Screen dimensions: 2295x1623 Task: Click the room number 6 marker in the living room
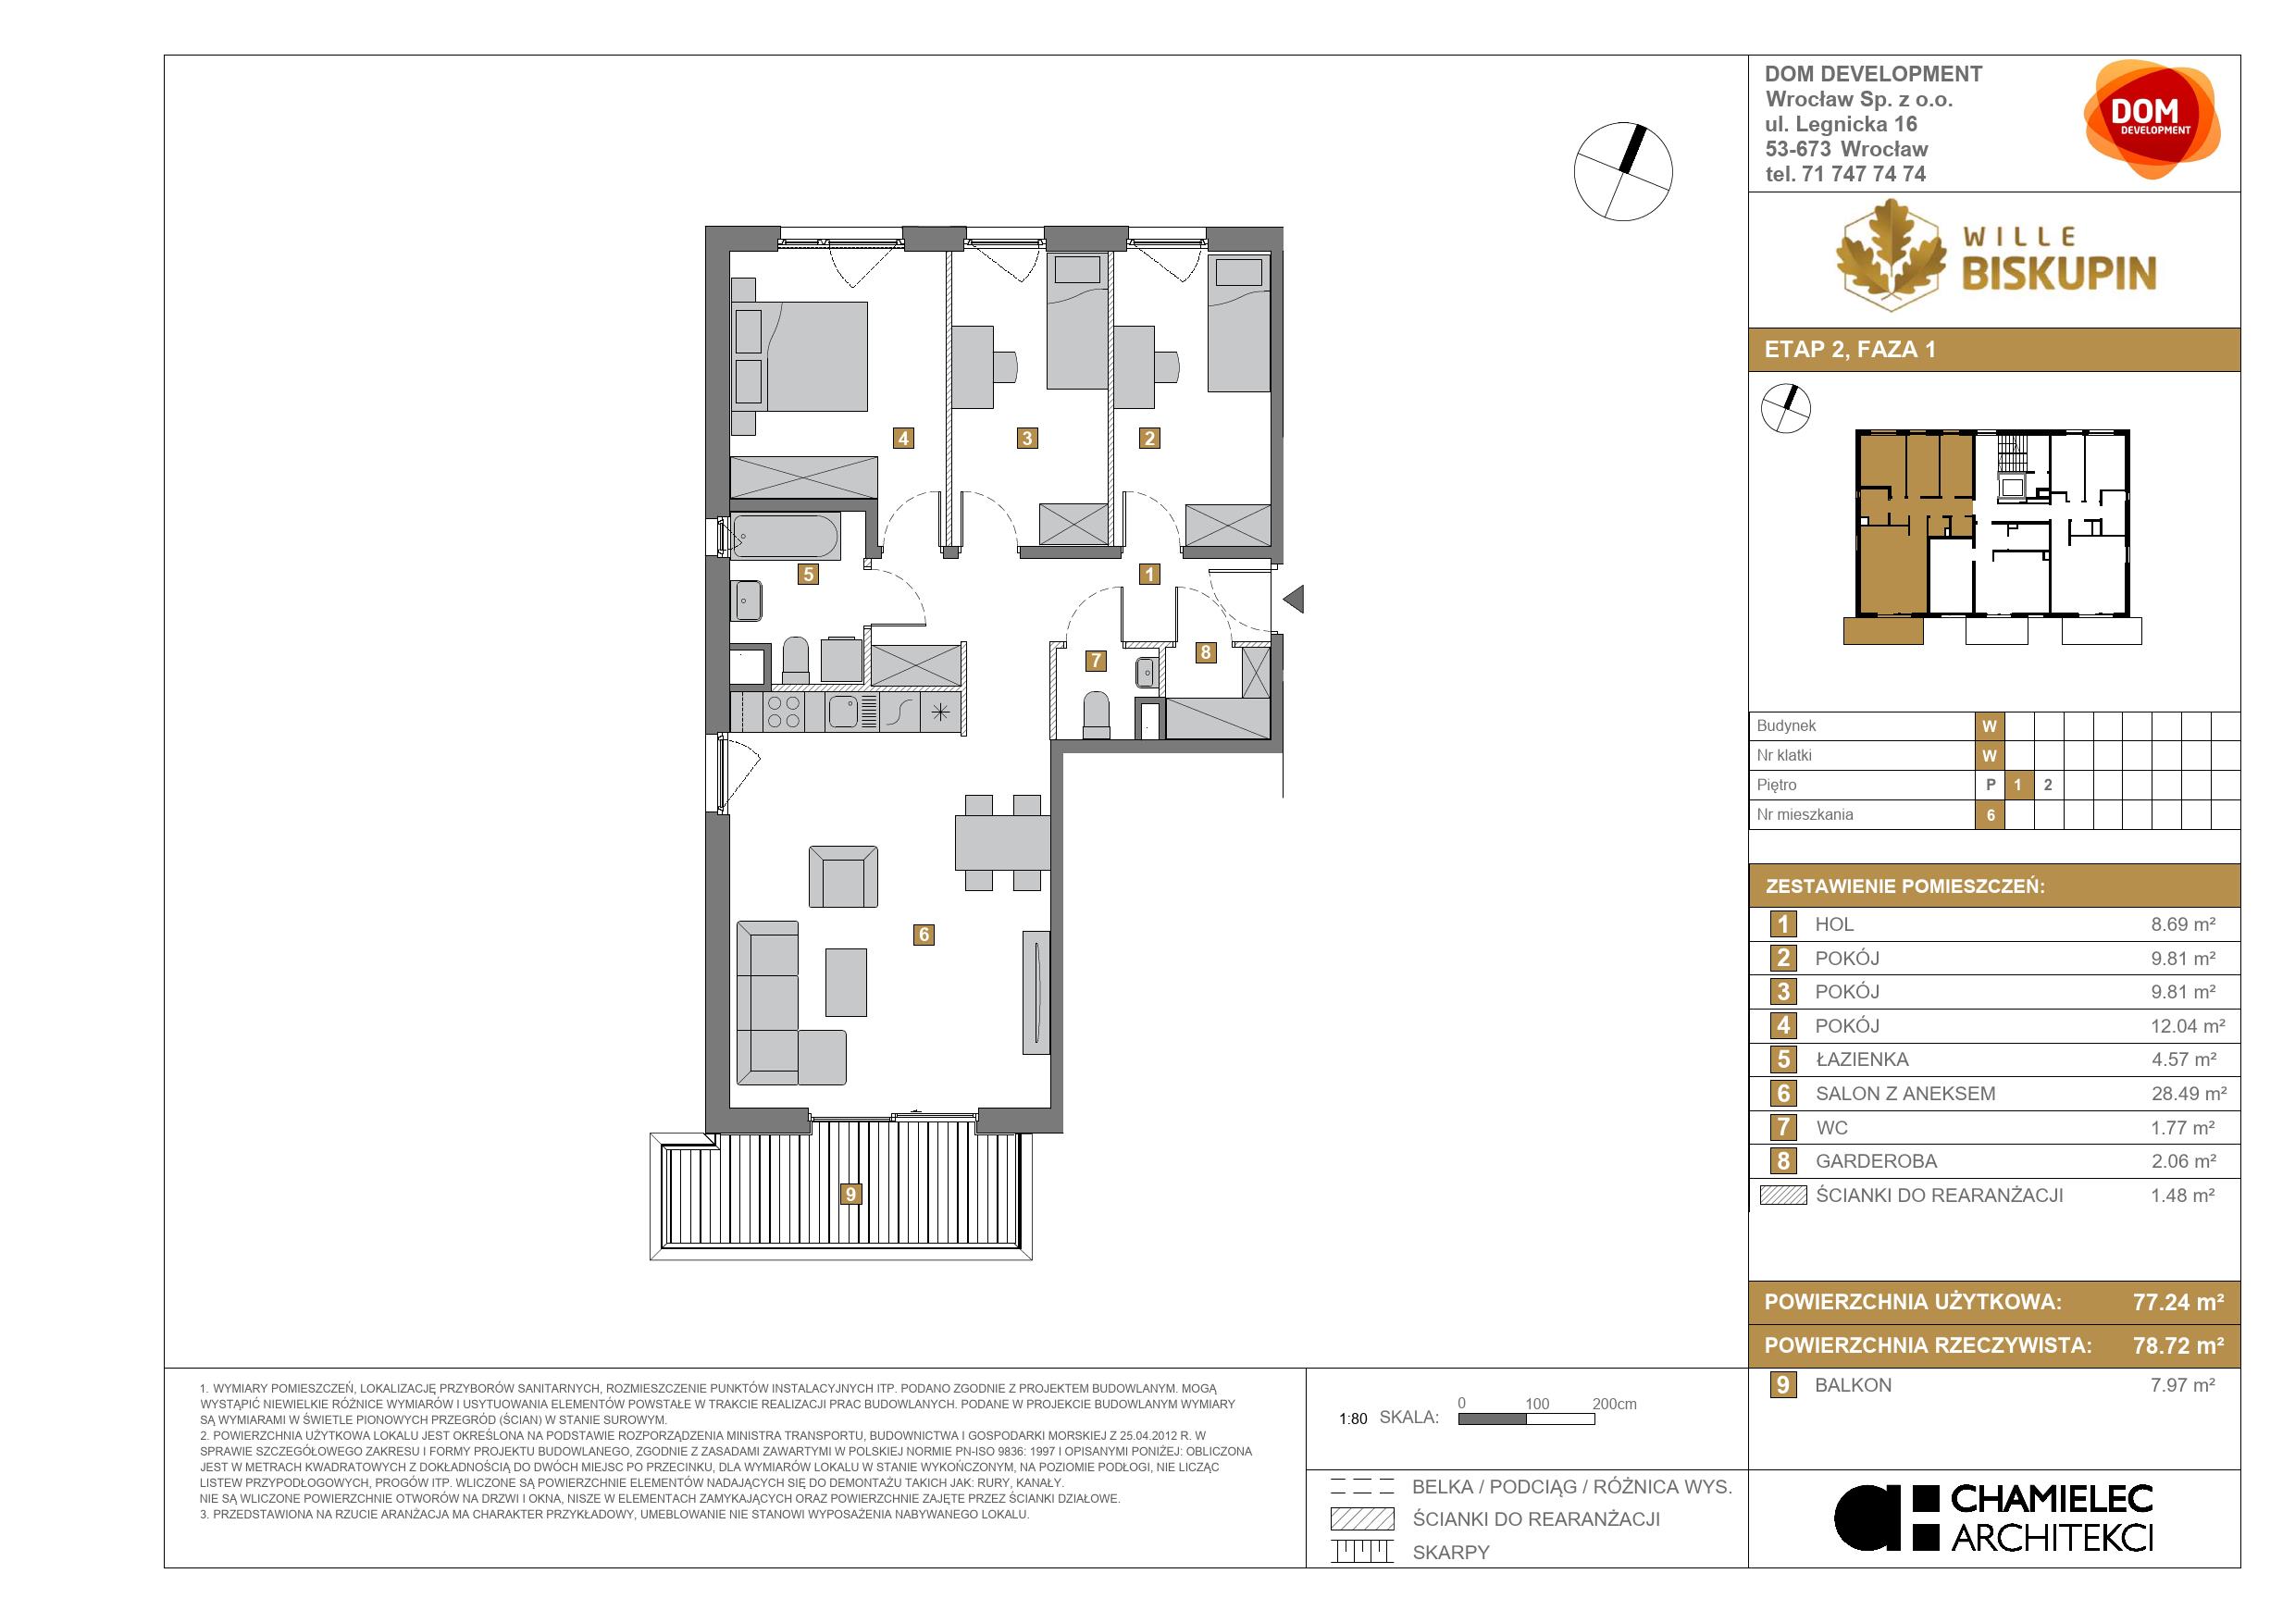click(x=924, y=935)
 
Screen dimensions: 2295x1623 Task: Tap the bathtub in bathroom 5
click(x=786, y=537)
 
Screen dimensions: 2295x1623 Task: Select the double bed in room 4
click(x=799, y=355)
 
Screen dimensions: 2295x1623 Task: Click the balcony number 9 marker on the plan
click(x=850, y=1194)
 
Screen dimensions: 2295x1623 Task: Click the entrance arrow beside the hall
click(x=1294, y=600)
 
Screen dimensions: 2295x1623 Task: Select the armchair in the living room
click(x=844, y=876)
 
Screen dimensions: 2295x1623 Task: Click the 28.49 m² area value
click(x=2188, y=1094)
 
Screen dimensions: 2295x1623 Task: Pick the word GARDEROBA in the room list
click(x=1876, y=1161)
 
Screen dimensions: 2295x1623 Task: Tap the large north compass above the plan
click(x=1623, y=171)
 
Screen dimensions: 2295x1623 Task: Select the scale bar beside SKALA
click(x=1526, y=1419)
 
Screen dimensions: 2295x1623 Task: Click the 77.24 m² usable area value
click(x=2178, y=1302)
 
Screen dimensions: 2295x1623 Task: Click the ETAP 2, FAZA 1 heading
click(x=1850, y=350)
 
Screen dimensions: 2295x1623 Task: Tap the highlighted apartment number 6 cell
click(x=1991, y=814)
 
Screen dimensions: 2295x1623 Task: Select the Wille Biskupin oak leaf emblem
click(x=1892, y=254)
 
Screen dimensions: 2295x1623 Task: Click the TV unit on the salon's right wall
click(x=1036, y=991)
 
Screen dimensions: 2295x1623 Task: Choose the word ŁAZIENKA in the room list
click(x=1861, y=1059)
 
